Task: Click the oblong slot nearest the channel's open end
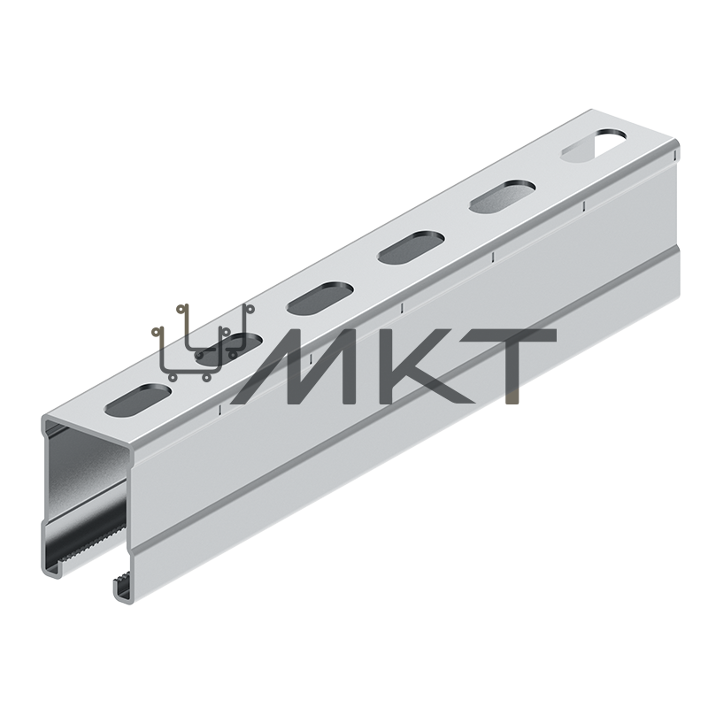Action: click(x=139, y=400)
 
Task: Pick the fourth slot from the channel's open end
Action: click(x=412, y=248)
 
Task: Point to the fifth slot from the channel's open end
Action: click(x=503, y=196)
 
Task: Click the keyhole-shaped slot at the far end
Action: click(x=594, y=145)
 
